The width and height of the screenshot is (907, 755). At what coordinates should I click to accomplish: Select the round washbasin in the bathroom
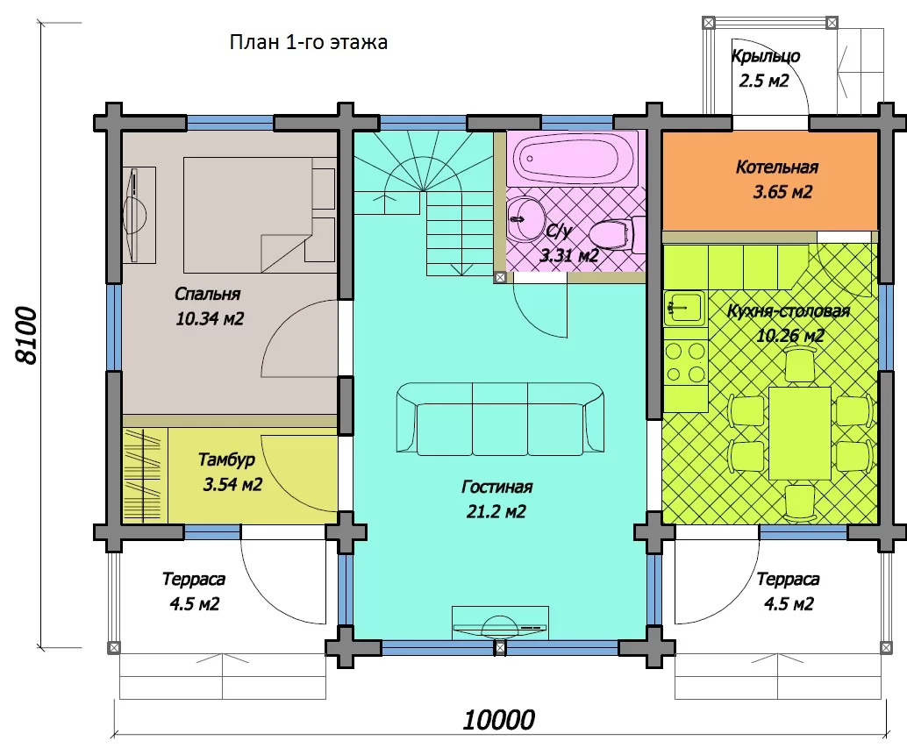pyautogui.click(x=525, y=219)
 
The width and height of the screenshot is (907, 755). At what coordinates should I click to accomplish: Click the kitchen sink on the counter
pyautogui.click(x=685, y=307)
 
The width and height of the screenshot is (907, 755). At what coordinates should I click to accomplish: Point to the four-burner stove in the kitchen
pyautogui.click(x=685, y=362)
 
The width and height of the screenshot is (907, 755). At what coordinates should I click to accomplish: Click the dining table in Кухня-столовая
pyautogui.click(x=800, y=433)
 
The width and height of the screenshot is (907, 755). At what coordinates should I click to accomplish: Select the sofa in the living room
pyautogui.click(x=500, y=418)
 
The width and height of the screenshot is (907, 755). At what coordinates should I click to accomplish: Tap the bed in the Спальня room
pyautogui.click(x=260, y=215)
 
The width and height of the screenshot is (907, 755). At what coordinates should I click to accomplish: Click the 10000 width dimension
pyautogui.click(x=499, y=720)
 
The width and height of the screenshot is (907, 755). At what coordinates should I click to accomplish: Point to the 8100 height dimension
pyautogui.click(x=26, y=336)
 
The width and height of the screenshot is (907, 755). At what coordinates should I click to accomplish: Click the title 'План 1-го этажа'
pyautogui.click(x=308, y=42)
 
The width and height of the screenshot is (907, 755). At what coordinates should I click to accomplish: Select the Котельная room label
pyautogui.click(x=777, y=167)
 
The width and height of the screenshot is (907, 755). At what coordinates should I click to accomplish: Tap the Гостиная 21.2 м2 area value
pyautogui.click(x=496, y=511)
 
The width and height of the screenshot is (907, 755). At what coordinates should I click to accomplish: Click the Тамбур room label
pyautogui.click(x=226, y=459)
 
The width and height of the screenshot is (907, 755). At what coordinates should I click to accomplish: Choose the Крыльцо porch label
pyautogui.click(x=765, y=57)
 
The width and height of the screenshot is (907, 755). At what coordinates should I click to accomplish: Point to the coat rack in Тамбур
pyautogui.click(x=144, y=475)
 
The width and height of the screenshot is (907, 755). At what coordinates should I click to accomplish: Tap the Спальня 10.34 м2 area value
pyautogui.click(x=210, y=318)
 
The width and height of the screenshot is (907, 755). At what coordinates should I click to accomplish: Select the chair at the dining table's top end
pyautogui.click(x=800, y=368)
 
